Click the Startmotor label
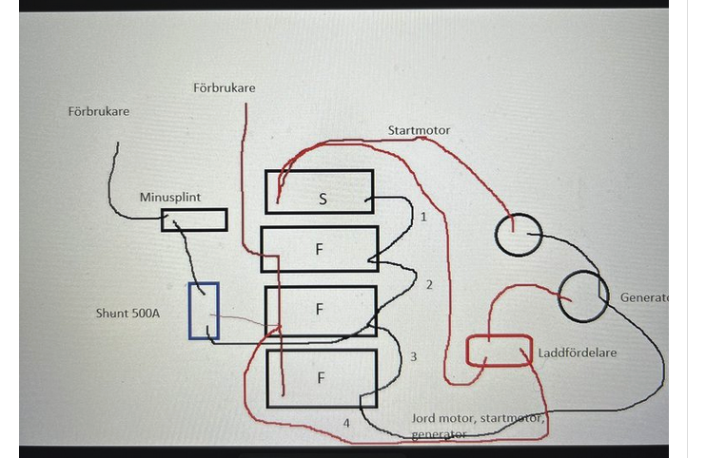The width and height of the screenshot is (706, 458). [x=419, y=130]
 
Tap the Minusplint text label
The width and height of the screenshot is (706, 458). [x=169, y=197]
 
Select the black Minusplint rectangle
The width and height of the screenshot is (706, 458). [x=194, y=220]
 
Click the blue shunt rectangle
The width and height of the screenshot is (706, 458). [x=204, y=311]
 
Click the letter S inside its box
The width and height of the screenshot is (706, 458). [x=323, y=197]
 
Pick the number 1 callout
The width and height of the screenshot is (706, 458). [x=423, y=217]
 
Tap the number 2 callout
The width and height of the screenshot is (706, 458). [x=429, y=285]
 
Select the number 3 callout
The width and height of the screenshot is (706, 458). [x=413, y=357]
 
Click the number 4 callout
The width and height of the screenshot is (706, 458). [x=346, y=422]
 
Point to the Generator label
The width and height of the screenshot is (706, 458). [x=644, y=297]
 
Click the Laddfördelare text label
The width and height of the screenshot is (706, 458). [x=577, y=353]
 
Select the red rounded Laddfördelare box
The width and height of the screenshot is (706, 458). [x=500, y=351]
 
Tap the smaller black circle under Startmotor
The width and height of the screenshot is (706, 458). [x=519, y=234]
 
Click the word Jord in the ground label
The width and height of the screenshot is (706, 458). [x=424, y=418]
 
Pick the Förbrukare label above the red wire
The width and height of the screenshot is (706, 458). [x=224, y=88]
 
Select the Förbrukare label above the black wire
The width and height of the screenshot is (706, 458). [x=99, y=111]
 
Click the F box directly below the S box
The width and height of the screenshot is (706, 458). [x=319, y=251]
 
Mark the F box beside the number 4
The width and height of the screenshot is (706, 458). [x=321, y=378]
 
